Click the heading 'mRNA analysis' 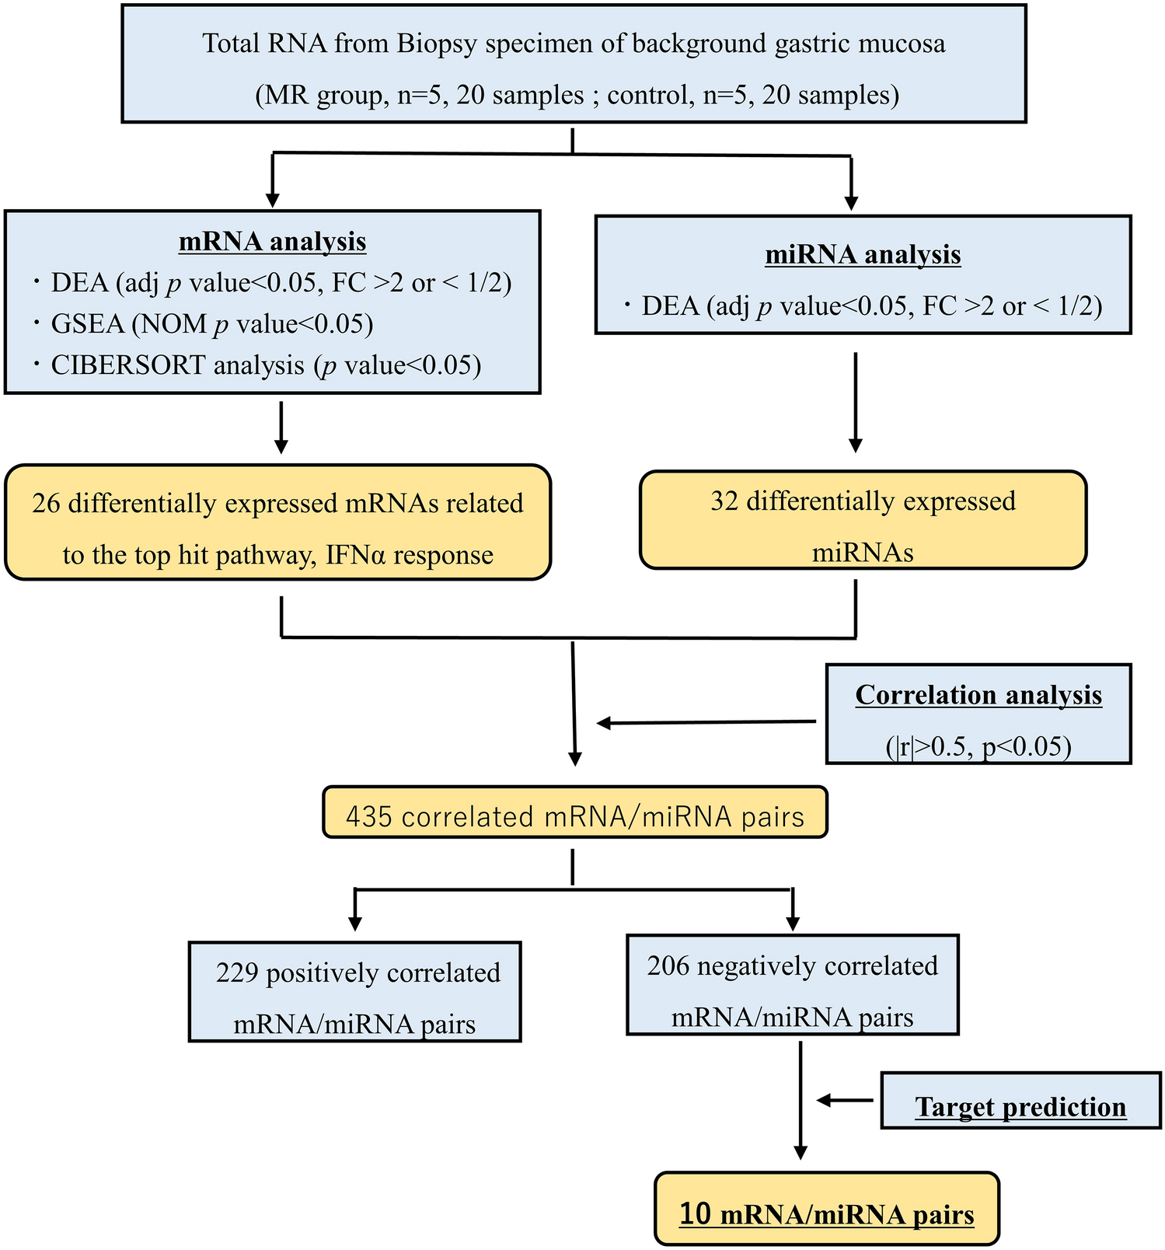click(272, 241)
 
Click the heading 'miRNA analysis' click(863, 254)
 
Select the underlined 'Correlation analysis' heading click(978, 694)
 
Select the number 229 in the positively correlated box click(237, 972)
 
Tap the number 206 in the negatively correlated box click(668, 965)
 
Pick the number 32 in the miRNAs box click(724, 501)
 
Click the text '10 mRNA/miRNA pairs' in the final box click(826, 1213)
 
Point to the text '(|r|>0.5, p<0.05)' click(978, 746)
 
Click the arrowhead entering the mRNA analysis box click(272, 199)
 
